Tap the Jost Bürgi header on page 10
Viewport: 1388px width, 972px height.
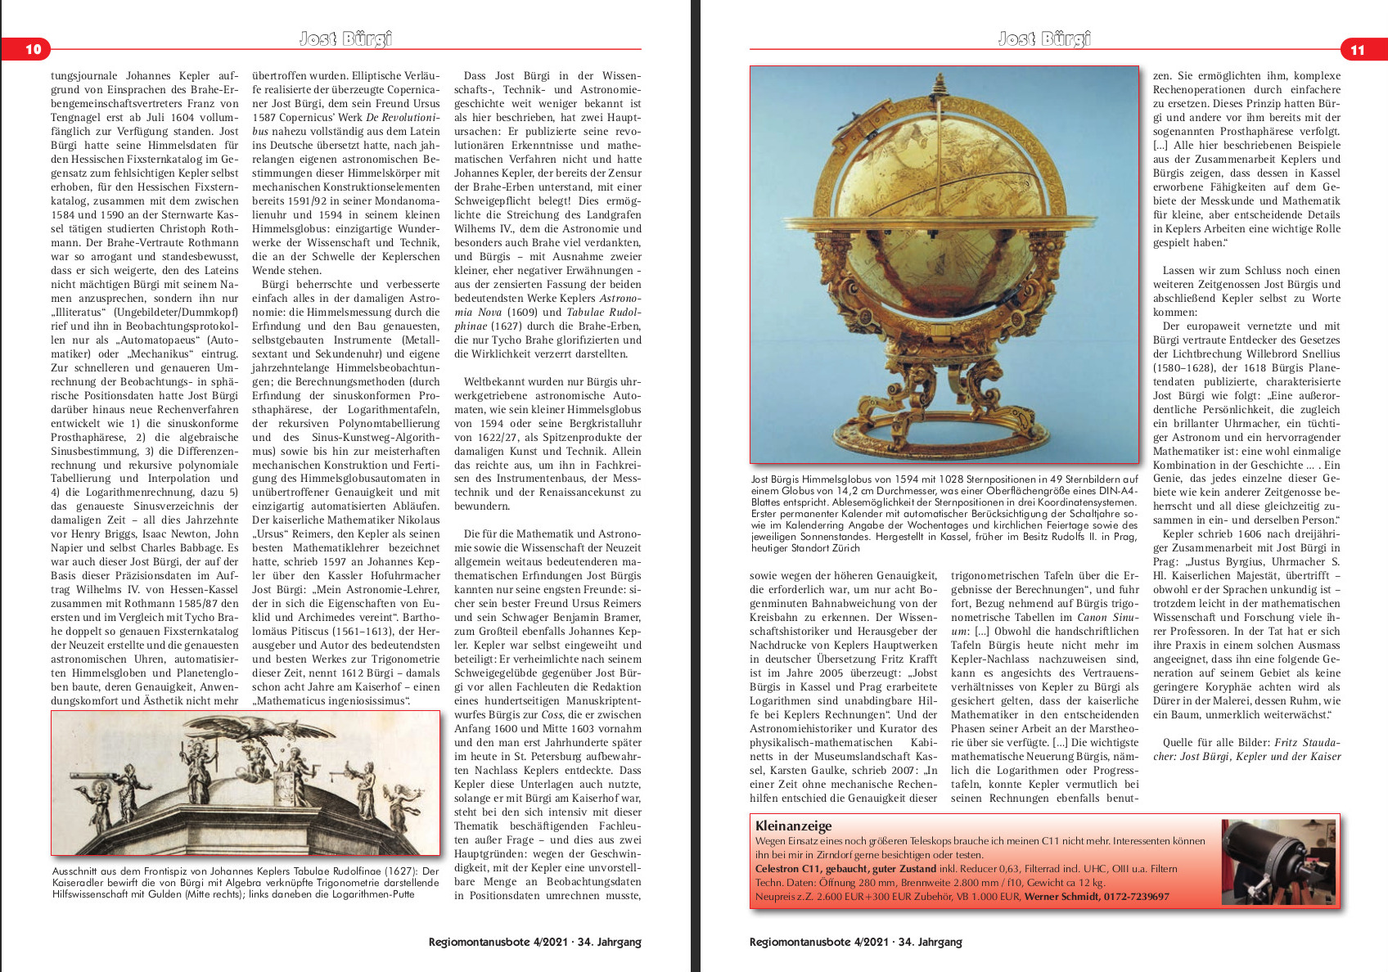click(345, 38)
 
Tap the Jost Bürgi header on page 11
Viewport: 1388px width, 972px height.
click(1044, 38)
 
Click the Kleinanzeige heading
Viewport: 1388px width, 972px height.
click(793, 826)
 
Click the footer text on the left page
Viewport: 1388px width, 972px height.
click(534, 942)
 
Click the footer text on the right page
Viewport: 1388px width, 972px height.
click(855, 942)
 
